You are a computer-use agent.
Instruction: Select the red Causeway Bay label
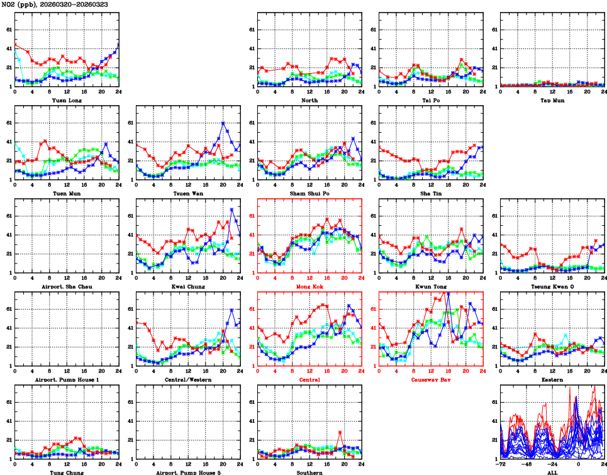click(x=431, y=379)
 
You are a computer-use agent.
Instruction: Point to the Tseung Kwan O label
click(x=552, y=286)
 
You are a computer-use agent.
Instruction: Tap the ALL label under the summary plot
click(x=552, y=472)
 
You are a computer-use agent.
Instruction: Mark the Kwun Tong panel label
click(x=431, y=286)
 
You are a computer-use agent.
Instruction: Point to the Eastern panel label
click(x=552, y=379)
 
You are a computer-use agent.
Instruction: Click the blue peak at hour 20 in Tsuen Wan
click(x=223, y=123)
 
